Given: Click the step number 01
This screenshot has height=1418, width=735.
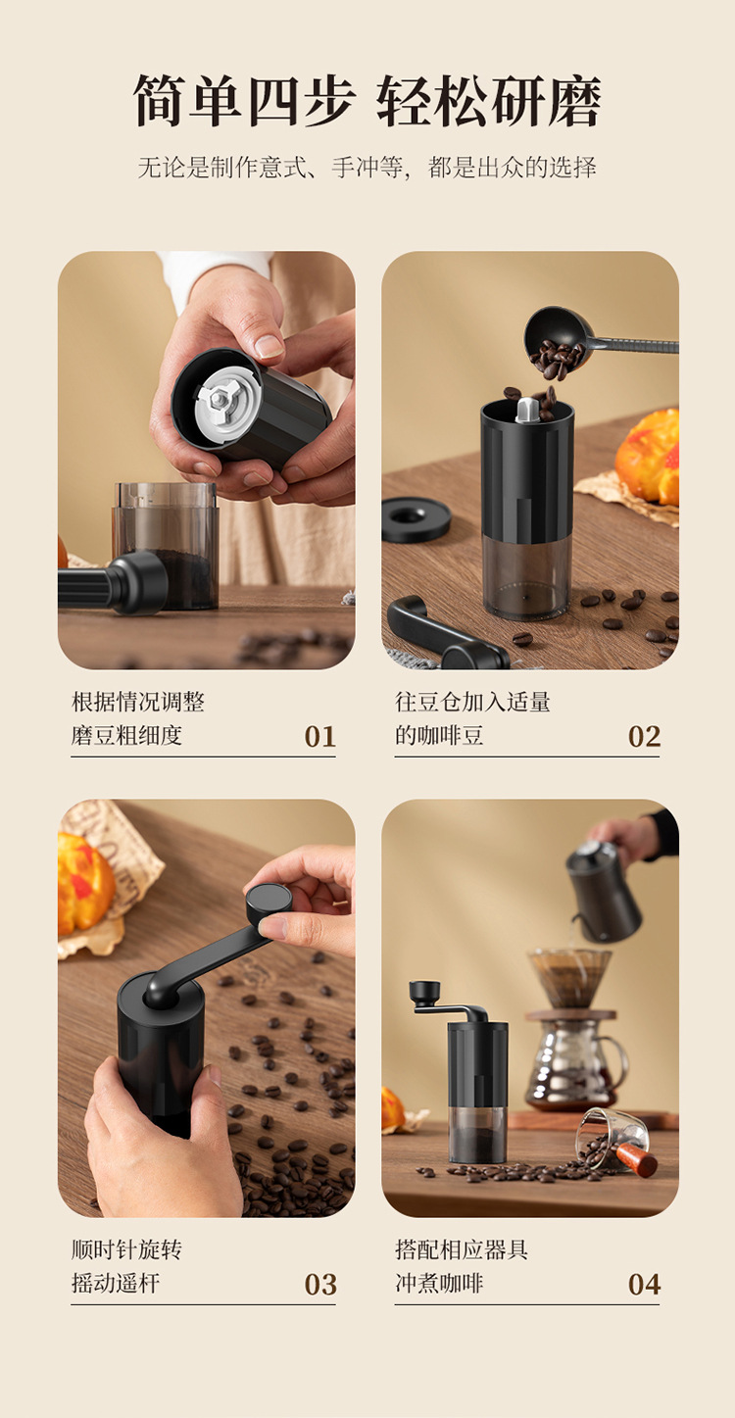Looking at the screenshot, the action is [319, 736].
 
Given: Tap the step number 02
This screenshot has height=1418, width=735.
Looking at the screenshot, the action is [644, 736].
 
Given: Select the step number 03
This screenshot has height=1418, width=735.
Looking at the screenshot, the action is [319, 1285].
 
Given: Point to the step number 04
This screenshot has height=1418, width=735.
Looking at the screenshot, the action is [644, 1285].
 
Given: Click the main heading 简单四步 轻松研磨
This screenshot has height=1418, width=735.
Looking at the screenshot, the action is [367, 101].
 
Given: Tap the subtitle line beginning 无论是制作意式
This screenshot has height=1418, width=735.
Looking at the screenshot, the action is [367, 168].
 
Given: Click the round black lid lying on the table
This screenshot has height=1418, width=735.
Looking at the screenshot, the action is [416, 519].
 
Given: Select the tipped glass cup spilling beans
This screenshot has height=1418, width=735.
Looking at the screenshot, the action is [612, 1136].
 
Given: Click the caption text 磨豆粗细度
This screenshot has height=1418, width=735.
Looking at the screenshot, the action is [126, 736].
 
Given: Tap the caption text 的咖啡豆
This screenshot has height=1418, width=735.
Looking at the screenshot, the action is [439, 736].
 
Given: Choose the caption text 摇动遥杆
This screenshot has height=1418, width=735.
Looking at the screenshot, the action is [116, 1284].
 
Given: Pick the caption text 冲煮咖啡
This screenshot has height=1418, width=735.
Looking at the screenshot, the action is [439, 1284].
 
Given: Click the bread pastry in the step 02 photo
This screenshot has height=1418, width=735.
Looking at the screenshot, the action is [648, 456].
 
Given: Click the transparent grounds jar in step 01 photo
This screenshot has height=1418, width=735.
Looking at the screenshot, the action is [167, 546].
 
